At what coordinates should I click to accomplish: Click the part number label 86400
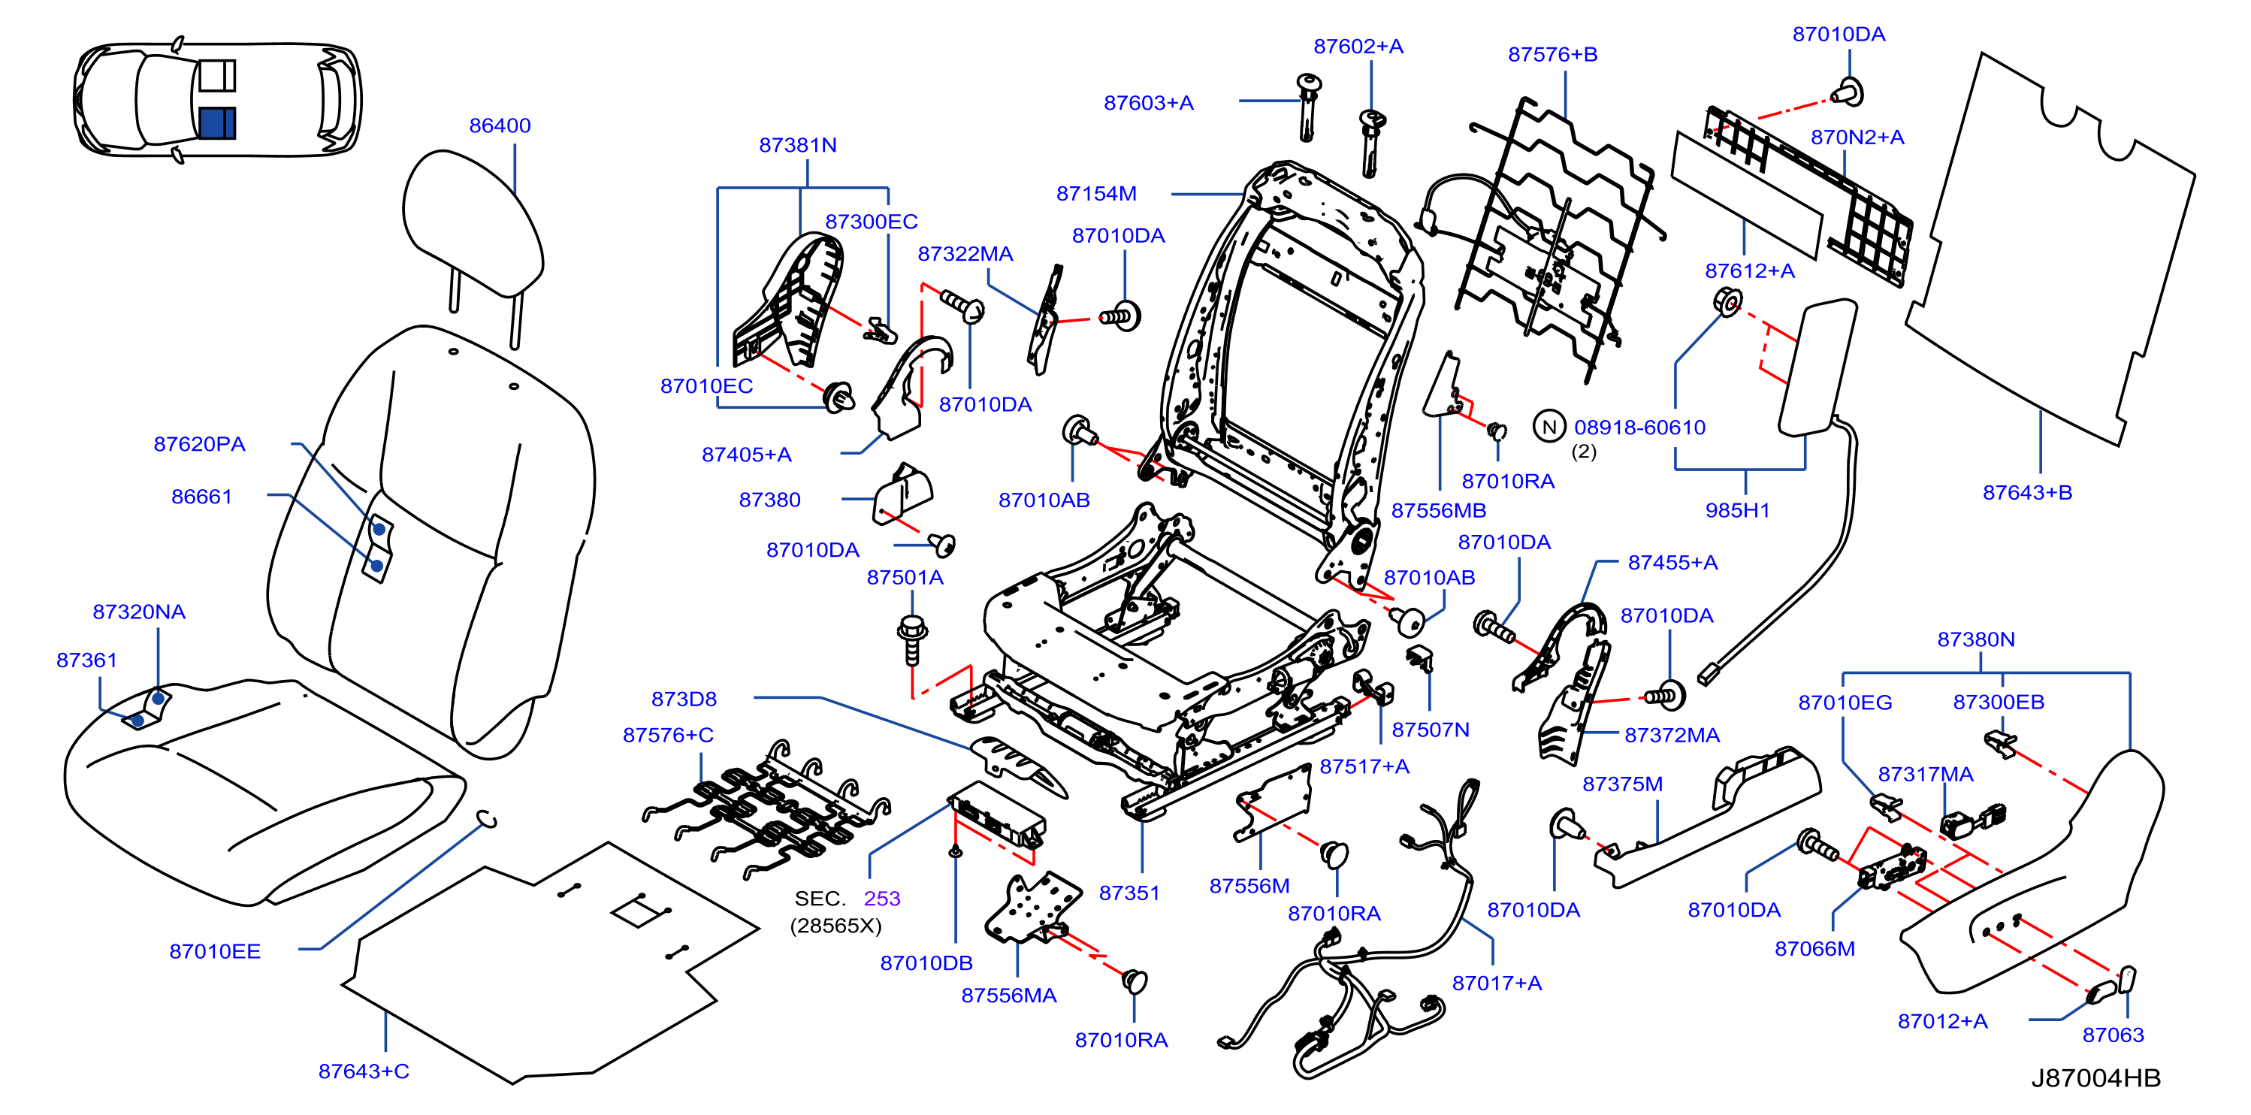[500, 125]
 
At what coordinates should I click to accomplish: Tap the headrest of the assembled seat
[473, 223]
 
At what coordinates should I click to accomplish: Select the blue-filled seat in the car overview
[216, 122]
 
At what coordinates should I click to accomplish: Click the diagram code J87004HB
[2095, 1077]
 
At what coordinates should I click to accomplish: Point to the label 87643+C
[364, 1071]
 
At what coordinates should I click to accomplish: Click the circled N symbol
[1549, 427]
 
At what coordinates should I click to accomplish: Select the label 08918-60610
[1639, 428]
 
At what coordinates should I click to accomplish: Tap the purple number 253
[882, 899]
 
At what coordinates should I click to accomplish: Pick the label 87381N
[798, 145]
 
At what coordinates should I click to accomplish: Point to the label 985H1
[1737, 510]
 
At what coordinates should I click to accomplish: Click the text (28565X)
[835, 926]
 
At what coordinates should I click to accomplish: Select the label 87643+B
[2027, 493]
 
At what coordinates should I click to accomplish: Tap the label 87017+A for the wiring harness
[1497, 983]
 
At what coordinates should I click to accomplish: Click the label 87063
[2113, 1035]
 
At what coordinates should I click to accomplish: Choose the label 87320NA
[139, 612]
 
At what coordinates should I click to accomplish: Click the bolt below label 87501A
[912, 639]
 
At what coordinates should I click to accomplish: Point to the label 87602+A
[1358, 47]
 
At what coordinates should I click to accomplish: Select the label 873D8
[684, 699]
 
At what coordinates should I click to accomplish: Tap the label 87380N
[1976, 639]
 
